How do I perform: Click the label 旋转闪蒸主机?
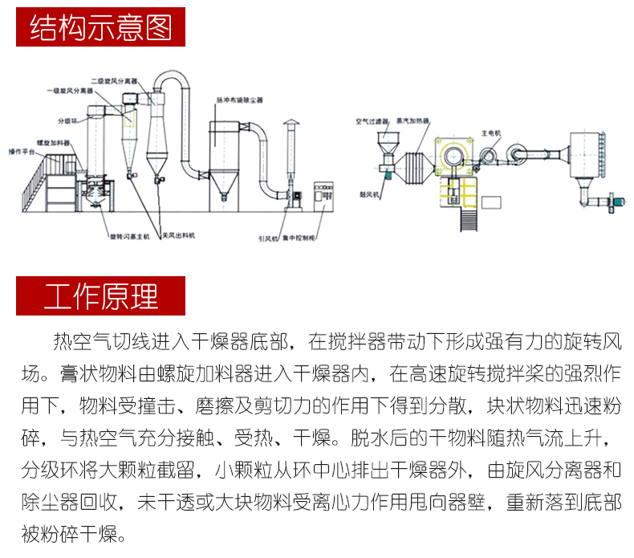point(129,238)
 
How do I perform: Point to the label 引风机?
point(268,238)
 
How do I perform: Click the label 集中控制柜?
point(303,238)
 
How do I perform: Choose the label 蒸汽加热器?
point(413,122)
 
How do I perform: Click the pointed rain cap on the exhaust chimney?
point(291,124)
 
